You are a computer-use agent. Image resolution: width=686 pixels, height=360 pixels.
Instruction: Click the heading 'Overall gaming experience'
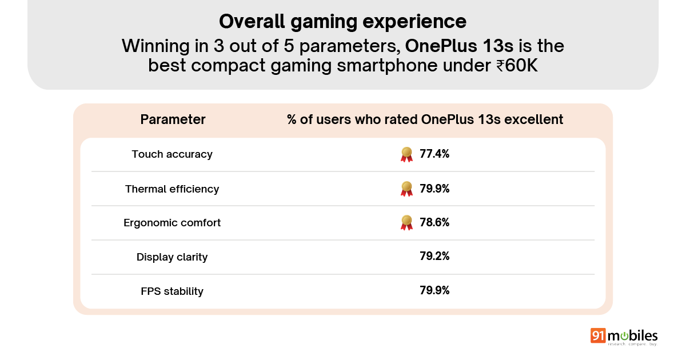pos(342,22)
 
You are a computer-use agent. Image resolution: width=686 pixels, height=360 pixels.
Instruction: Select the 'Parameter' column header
pos(173,119)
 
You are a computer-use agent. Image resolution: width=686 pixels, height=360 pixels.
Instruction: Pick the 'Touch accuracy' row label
pos(172,154)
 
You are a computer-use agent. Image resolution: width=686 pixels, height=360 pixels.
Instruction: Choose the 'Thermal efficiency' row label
pos(172,189)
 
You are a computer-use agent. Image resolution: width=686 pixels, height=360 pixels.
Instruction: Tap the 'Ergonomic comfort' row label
pos(172,223)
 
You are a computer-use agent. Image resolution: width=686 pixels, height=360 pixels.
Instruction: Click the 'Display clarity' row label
pos(172,257)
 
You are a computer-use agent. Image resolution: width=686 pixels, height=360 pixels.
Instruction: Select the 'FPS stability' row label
pos(172,291)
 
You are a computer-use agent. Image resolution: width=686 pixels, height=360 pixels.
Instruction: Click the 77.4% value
pos(434,154)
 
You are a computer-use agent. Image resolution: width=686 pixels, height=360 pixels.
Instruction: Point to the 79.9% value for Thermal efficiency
pos(434,188)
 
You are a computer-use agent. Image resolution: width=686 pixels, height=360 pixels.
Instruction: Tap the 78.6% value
pos(434,222)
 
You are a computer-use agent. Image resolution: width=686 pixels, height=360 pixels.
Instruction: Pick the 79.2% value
pos(434,257)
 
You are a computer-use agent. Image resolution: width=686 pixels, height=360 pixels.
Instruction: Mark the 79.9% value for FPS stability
pos(434,291)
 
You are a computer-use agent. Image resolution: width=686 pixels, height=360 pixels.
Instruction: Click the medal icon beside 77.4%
pos(406,154)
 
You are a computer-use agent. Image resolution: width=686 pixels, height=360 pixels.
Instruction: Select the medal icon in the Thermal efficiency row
pos(406,189)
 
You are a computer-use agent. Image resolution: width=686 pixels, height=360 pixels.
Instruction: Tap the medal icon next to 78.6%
pos(406,223)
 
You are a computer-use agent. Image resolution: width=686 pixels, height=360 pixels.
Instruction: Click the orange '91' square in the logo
pos(599,336)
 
